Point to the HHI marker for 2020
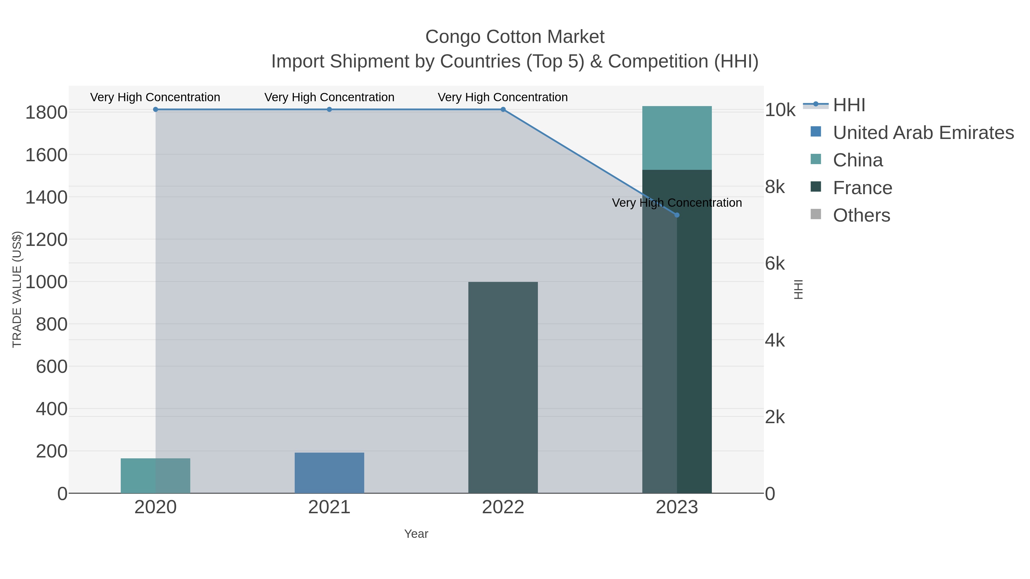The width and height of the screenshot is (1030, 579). tap(156, 110)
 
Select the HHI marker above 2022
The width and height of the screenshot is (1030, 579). tap(503, 110)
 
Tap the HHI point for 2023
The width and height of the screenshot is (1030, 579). tap(677, 215)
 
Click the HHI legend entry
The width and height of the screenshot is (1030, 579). tap(849, 105)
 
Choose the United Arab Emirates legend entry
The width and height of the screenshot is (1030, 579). tap(923, 133)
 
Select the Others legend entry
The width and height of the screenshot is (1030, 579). tap(861, 215)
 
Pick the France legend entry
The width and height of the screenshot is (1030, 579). tap(862, 188)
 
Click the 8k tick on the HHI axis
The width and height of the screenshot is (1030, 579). tap(775, 187)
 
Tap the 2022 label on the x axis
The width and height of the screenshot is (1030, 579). tap(503, 508)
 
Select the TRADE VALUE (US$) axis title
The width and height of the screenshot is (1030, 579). tap(17, 289)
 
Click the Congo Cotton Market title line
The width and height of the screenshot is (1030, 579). tap(515, 37)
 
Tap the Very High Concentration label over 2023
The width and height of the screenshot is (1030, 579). tap(677, 203)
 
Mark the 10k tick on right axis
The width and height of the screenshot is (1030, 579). tap(780, 110)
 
